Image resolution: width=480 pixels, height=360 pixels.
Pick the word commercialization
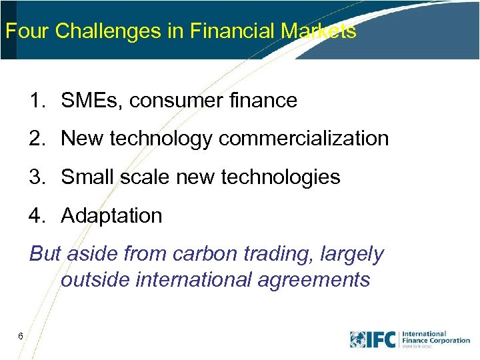[303, 139]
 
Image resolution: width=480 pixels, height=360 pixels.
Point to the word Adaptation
[111, 216]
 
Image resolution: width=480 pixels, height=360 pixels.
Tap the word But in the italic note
[45, 254]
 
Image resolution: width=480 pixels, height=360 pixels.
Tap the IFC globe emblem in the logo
[361, 339]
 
